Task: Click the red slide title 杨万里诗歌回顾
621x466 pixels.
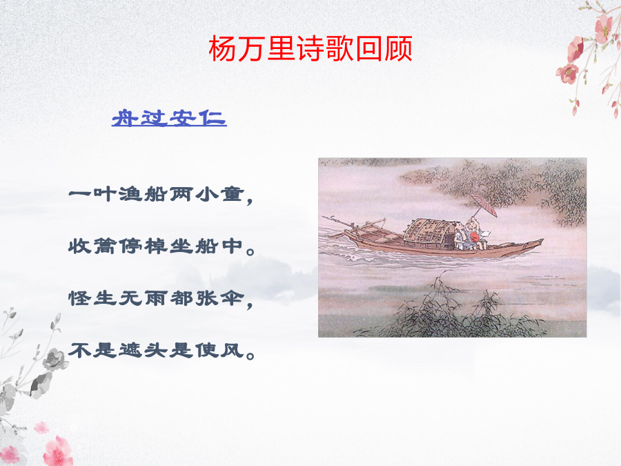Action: [310, 48]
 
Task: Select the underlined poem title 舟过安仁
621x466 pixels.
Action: [169, 118]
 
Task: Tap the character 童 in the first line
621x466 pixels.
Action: [233, 194]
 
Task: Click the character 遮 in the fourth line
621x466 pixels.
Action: [130, 350]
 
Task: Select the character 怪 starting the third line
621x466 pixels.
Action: [79, 298]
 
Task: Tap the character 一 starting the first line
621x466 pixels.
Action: [79, 194]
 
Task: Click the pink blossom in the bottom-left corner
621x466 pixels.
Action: [59, 452]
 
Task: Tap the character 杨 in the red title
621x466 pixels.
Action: [223, 48]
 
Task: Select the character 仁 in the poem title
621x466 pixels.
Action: [213, 118]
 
